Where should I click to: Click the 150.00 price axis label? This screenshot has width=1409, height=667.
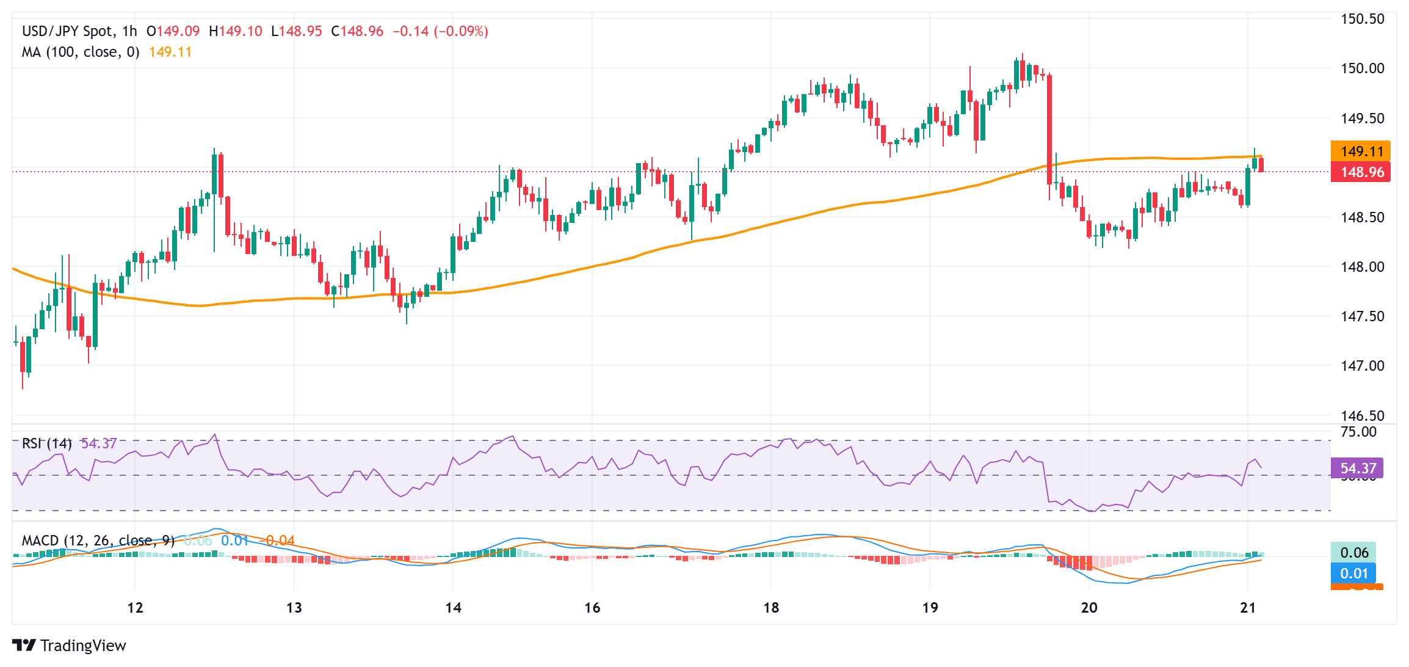coord(1362,68)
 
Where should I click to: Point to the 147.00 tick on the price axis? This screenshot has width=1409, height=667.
coord(1362,366)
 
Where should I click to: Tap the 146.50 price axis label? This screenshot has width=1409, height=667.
coord(1362,416)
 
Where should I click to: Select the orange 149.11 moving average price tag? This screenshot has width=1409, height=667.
coord(1360,151)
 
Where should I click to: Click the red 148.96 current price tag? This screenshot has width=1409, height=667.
coord(1360,172)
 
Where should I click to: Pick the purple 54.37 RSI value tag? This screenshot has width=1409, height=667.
coord(1358,468)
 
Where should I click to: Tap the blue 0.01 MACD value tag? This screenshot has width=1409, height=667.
coord(1353,574)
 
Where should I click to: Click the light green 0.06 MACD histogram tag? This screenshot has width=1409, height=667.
coord(1353,553)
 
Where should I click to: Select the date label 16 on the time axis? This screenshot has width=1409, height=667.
coord(592,608)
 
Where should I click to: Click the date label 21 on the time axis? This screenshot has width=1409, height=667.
coord(1248,608)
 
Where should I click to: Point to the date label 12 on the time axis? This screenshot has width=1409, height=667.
coord(135,608)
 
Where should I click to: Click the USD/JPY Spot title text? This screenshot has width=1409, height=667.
coord(67,31)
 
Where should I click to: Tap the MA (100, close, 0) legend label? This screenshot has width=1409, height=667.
coord(81,53)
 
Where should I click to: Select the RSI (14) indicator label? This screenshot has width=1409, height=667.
coord(46,443)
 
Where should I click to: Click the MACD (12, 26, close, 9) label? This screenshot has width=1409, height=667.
coord(98,541)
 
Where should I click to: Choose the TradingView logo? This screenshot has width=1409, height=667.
coord(69,646)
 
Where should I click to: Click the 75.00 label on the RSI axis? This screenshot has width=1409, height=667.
coord(1358,432)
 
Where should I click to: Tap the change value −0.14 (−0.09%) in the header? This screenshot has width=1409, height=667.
coord(440,31)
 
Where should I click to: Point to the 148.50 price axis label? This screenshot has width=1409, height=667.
coord(1362,217)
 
